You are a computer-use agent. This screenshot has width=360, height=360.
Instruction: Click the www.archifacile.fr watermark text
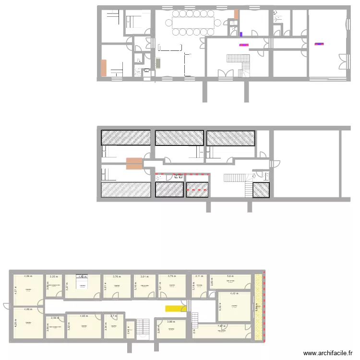[x=329, y=353]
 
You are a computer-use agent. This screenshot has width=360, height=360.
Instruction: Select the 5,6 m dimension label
[x=230, y=276]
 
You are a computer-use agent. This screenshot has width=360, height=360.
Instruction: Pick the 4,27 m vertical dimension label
[x=15, y=290]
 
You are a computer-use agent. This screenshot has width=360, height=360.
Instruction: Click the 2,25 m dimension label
[x=54, y=276]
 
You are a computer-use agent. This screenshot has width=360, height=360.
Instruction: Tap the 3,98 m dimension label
[x=171, y=322]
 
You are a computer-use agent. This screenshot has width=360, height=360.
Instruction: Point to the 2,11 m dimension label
[x=199, y=276]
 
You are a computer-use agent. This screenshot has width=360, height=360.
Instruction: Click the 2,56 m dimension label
[x=55, y=318]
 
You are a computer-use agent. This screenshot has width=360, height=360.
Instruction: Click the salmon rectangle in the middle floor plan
[x=134, y=163]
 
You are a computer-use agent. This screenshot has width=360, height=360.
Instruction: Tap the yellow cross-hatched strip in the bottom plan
[x=259, y=307]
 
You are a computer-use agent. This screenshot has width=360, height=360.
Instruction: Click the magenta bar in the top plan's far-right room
[x=319, y=44]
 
